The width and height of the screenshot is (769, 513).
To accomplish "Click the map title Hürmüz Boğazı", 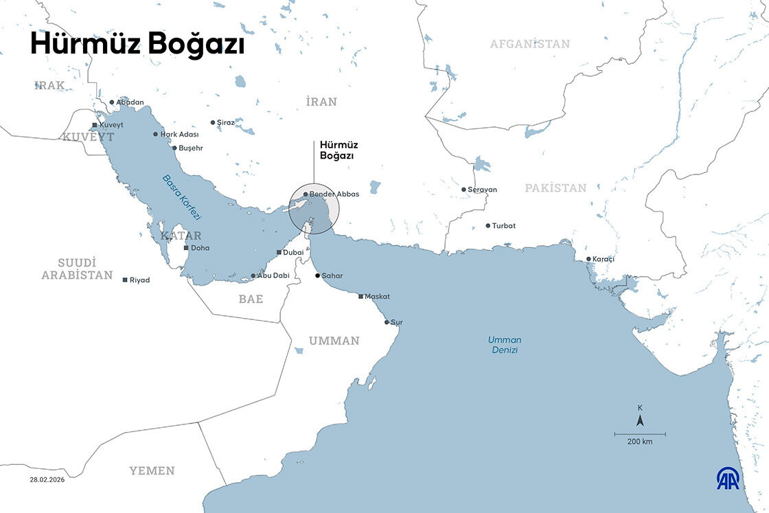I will [x=137, y=44].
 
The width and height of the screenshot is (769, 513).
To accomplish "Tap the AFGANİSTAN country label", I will [x=529, y=44].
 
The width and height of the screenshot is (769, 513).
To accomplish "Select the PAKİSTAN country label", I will [x=555, y=187].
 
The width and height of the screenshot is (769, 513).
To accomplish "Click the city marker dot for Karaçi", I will [x=588, y=259].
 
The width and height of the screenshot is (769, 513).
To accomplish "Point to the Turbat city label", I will [x=503, y=226].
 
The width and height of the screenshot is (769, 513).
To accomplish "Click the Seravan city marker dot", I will [x=463, y=190].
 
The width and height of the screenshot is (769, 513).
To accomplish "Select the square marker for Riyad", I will [x=124, y=280].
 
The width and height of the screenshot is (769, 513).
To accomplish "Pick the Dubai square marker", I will [x=279, y=253].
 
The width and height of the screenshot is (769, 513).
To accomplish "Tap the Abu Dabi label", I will [x=273, y=276].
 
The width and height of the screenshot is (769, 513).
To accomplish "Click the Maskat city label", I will [x=377, y=297].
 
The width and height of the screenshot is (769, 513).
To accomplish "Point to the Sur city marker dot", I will [x=387, y=322].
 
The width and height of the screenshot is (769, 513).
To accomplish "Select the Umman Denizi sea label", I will [x=504, y=345].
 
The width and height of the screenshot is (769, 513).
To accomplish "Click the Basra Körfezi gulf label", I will [x=181, y=197].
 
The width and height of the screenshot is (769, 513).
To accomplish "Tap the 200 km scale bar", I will [x=639, y=435].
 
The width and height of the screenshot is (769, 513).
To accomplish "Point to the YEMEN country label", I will [x=152, y=470].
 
